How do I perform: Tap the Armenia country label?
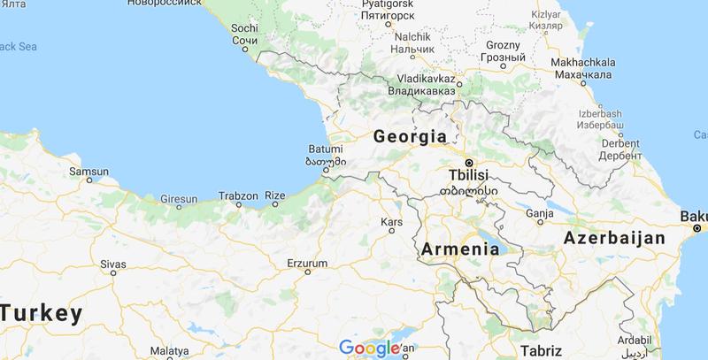click(x=463, y=249)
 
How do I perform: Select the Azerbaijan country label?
click(x=616, y=238)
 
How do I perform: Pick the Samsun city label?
click(x=89, y=169)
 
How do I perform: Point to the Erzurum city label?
click(x=308, y=264)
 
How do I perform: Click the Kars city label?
click(x=390, y=221)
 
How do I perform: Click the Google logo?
click(x=368, y=348)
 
